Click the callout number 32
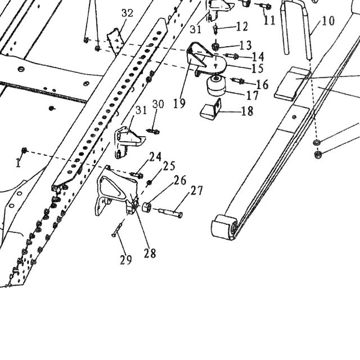[127, 13]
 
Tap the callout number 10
[328, 21]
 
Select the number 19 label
[179, 103]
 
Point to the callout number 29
[126, 260]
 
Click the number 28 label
[150, 253]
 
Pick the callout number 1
[18, 163]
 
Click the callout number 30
[158, 104]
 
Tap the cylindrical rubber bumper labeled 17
[216, 85]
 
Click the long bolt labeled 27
[170, 213]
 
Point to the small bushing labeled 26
[146, 208]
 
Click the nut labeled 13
[215, 47]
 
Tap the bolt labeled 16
[238, 80]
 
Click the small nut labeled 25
[149, 182]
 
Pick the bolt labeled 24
[137, 175]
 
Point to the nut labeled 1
[24, 151]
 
